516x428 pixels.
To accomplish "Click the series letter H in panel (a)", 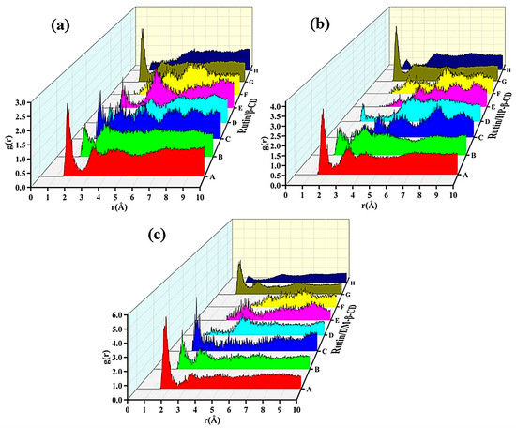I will [254, 68].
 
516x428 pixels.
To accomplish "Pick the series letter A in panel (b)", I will [465, 174].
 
